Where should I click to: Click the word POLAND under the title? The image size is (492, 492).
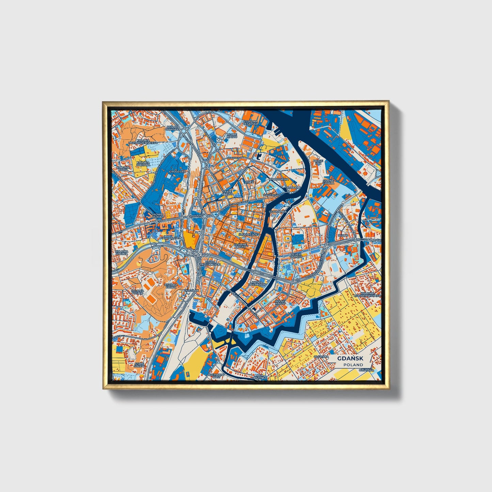pos(353,365)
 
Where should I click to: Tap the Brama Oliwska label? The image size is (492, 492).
pos(171,128)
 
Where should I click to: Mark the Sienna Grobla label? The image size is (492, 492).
pos(329,182)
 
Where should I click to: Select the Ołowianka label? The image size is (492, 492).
pos(278,211)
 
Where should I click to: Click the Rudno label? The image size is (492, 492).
pos(343,235)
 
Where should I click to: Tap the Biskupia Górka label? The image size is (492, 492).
pos(171,285)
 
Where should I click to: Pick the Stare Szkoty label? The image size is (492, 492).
pos(139,365)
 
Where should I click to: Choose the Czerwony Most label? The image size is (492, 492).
pos(218,376)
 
